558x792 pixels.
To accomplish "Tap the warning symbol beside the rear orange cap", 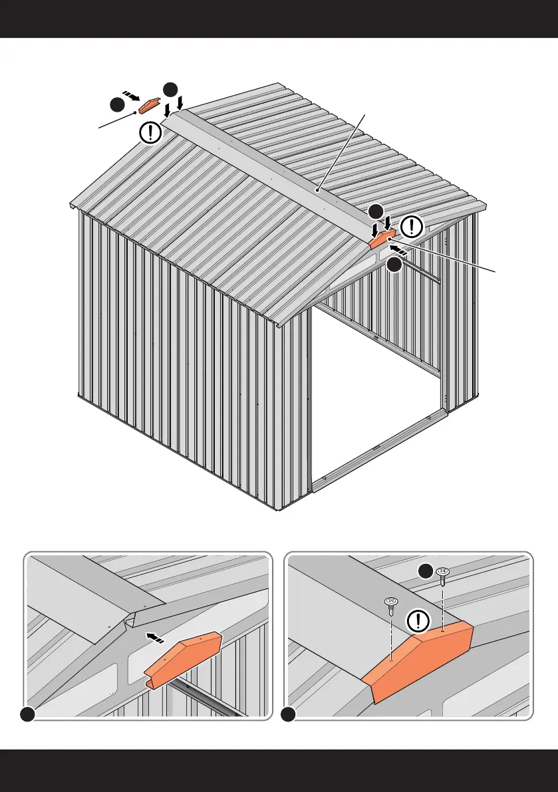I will click(152, 132).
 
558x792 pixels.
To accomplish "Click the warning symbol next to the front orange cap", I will click(412, 227).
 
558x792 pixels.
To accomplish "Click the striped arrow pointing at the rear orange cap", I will click(132, 96).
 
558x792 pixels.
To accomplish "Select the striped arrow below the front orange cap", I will click(398, 249).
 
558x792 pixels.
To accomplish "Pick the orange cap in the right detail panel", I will click(419, 654).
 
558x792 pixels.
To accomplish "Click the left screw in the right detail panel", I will click(391, 606).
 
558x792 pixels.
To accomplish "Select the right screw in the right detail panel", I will click(442, 576).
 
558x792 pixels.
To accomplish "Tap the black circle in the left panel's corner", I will click(27, 714).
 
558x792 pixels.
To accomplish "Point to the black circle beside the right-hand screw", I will click(426, 571).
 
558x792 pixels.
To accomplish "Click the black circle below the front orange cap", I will click(394, 264).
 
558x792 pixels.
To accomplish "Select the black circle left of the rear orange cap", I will click(117, 105).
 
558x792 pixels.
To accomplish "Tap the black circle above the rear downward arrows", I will click(170, 89).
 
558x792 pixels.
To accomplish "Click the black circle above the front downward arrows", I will click(376, 211).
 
